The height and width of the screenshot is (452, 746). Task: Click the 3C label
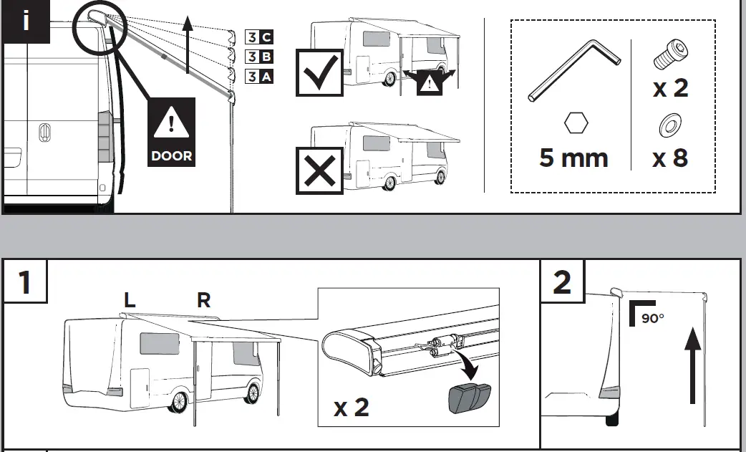coord(258,37)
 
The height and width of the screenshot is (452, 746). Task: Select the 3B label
coord(258,57)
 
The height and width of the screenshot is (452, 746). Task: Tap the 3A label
coord(258,76)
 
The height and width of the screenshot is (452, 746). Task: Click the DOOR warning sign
coord(171,132)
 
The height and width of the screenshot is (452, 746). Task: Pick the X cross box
coord(319,170)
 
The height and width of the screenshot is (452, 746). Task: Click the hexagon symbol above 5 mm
coord(576,123)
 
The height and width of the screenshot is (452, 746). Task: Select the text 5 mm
coord(573,158)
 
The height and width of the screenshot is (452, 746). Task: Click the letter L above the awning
coord(130,301)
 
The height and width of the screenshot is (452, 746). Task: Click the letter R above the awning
coord(204,300)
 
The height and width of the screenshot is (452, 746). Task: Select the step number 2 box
coord(562,282)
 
